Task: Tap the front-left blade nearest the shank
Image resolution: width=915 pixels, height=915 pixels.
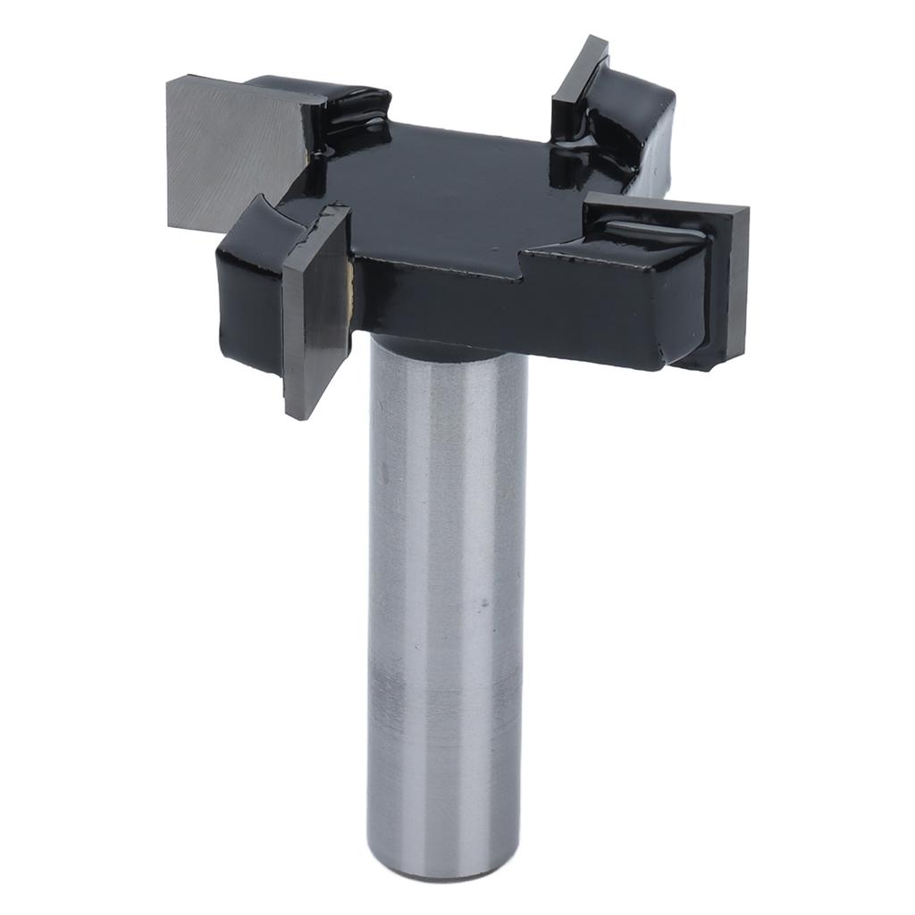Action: [315, 313]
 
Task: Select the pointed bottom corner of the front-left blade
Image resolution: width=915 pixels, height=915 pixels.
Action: [290, 414]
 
